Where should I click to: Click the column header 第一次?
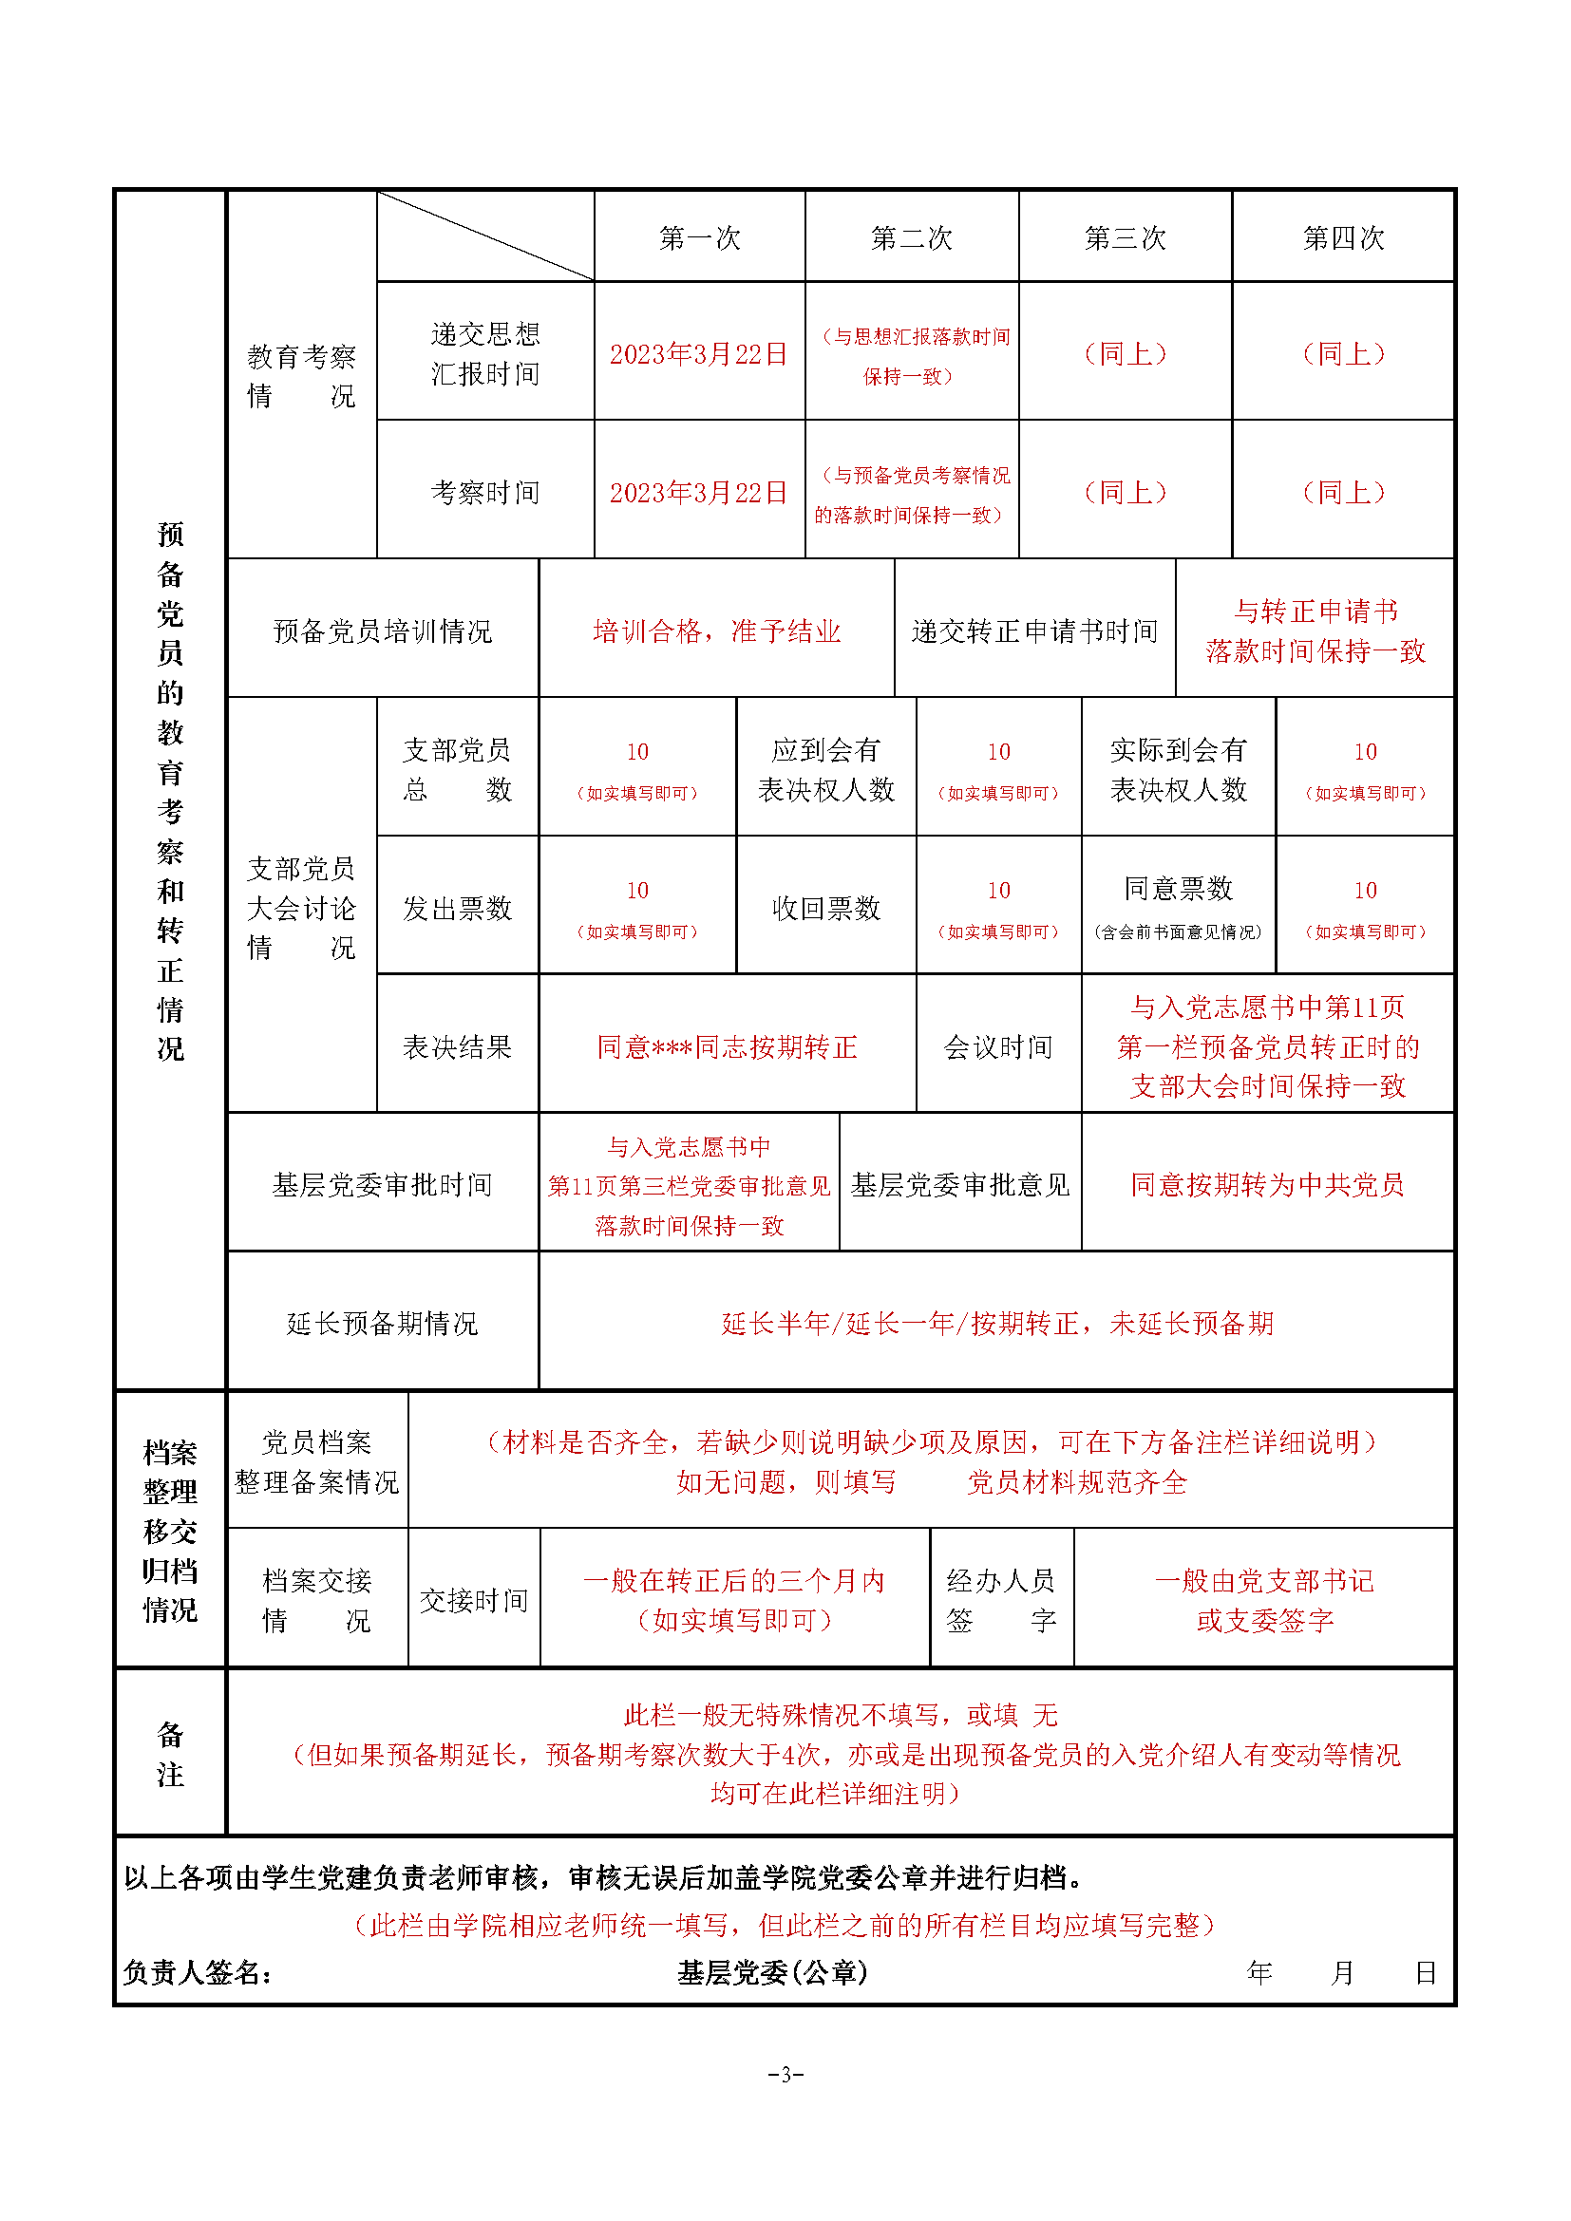(x=699, y=238)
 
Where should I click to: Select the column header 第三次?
(x=1124, y=238)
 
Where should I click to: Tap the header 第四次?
(x=1343, y=238)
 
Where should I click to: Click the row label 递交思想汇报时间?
(x=484, y=354)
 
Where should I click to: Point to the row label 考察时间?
(x=484, y=493)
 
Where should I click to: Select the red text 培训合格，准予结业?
(x=716, y=631)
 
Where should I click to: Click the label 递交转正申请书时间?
(x=1034, y=631)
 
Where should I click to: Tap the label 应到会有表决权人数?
(x=825, y=770)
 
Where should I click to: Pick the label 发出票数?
(x=457, y=909)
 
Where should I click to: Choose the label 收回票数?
(x=825, y=909)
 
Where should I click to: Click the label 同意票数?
(x=1177, y=889)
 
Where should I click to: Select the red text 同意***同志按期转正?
(x=727, y=1046)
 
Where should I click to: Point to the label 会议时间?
(x=997, y=1046)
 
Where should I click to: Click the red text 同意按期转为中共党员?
(x=1266, y=1185)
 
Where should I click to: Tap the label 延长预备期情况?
(x=382, y=1324)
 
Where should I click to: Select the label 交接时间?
(x=473, y=1601)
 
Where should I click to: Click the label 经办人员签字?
(x=1000, y=1601)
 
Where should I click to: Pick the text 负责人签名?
(x=198, y=1973)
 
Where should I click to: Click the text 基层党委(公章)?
(x=772, y=1973)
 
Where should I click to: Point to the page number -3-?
(x=785, y=2074)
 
